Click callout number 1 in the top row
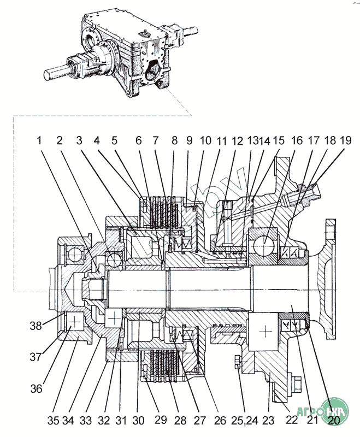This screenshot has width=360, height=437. click(x=39, y=140)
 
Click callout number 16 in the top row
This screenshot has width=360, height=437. click(x=297, y=140)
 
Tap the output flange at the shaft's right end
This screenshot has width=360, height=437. click(x=330, y=279)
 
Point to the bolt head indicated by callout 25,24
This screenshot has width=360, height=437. click(x=238, y=362)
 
